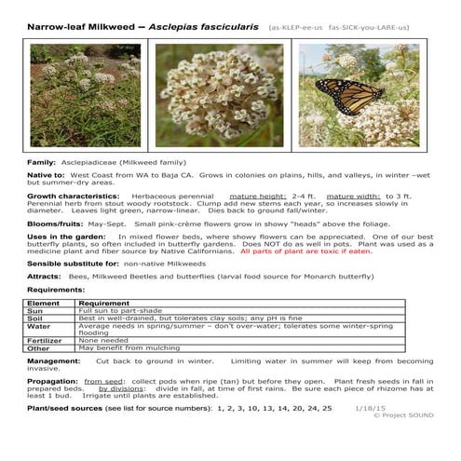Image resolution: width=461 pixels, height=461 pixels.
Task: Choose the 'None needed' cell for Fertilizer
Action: point(103,341)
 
